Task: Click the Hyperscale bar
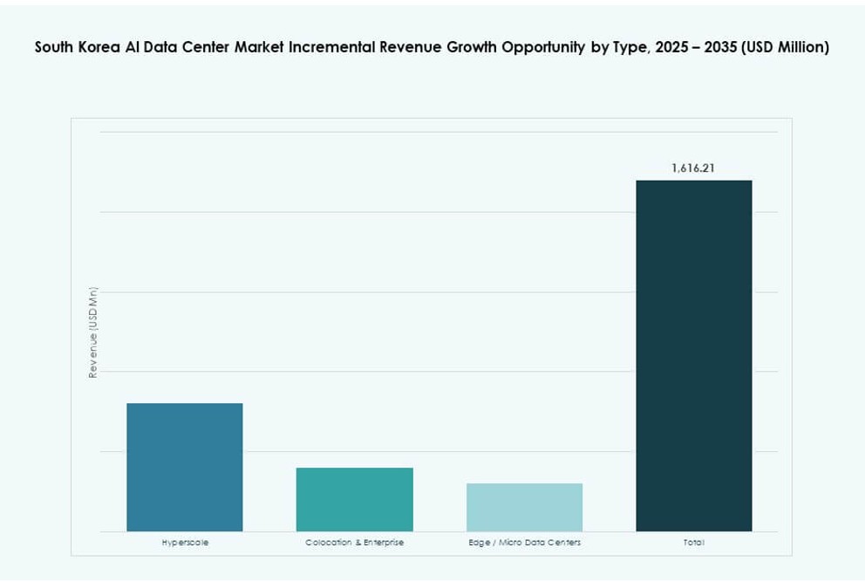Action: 184,467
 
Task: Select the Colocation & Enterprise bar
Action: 354,499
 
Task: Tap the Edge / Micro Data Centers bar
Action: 524,507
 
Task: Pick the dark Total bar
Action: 693,355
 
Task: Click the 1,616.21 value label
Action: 693,168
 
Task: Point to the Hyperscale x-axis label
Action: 185,543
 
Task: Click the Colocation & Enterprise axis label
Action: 354,543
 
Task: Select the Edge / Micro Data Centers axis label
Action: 524,543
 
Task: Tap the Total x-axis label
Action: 693,543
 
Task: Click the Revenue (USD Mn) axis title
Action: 93,332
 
